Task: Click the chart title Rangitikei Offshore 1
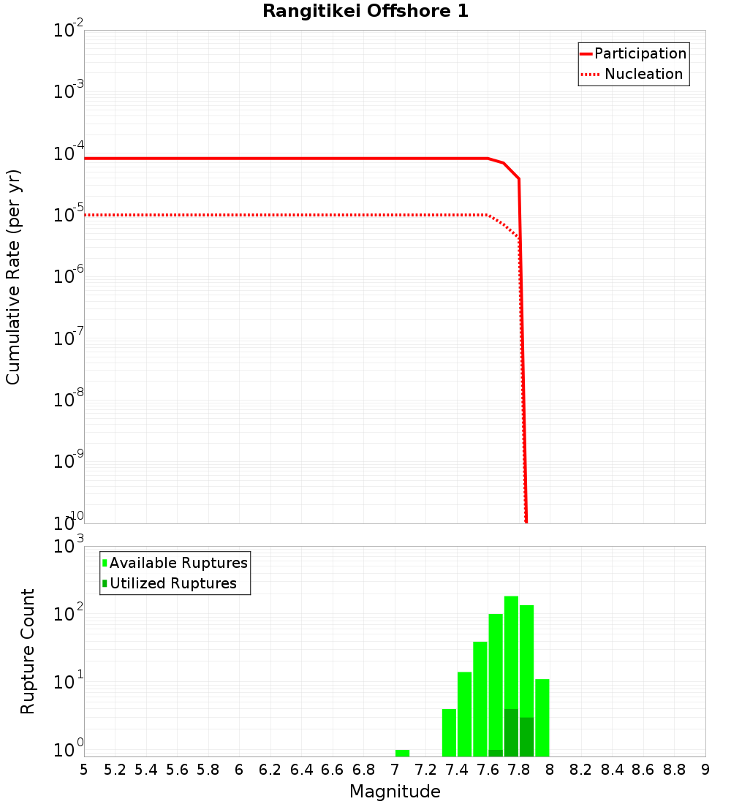click(365, 11)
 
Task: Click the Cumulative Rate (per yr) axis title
click(13, 276)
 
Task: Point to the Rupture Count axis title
click(27, 651)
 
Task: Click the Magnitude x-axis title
click(395, 792)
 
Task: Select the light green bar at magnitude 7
click(402, 753)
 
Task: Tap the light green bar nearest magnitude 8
click(542, 718)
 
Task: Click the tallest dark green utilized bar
click(511, 732)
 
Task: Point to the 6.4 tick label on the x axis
click(301, 770)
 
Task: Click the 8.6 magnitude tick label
click(643, 770)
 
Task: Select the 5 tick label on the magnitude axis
click(83, 770)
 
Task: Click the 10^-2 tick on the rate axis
click(69, 31)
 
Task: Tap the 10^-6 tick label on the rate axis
click(69, 277)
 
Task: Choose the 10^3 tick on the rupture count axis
click(69, 547)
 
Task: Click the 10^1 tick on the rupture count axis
click(69, 683)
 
